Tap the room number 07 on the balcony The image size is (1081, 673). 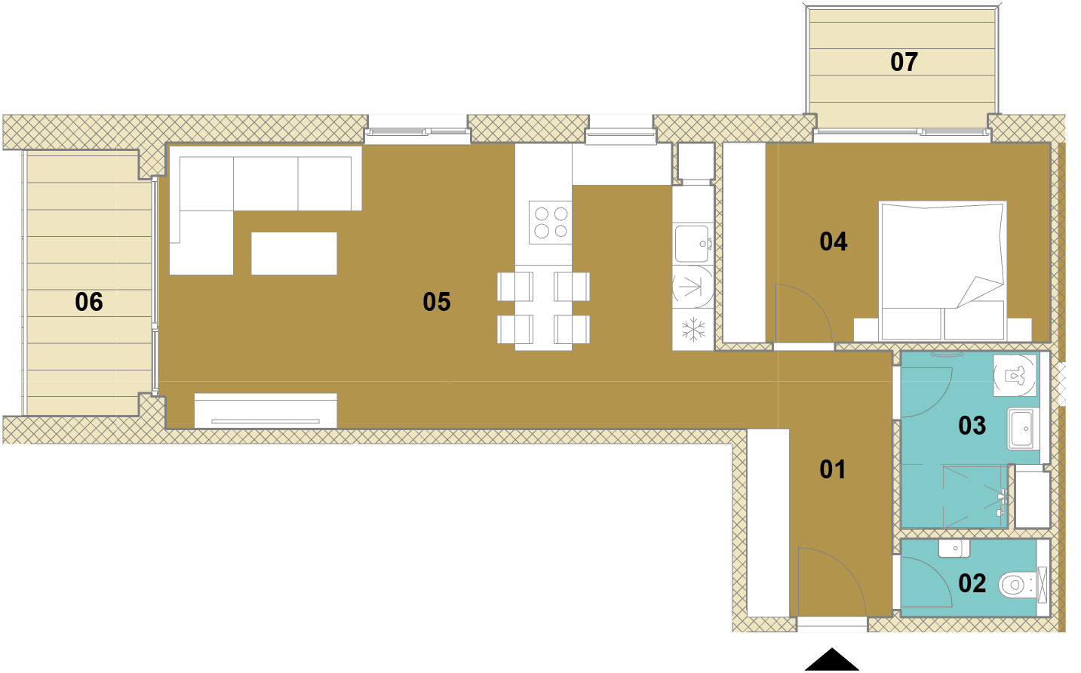pos(904,63)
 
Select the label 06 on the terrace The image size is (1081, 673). pos(89,302)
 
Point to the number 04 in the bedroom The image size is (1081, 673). pos(834,241)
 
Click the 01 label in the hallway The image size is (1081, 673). pos(833,469)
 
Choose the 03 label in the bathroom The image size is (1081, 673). pos(972,426)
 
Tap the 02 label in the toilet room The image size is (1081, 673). pos(972,583)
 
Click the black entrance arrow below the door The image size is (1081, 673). pos(831,659)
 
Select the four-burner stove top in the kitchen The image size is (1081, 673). pos(551,223)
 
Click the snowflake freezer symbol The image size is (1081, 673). pos(693,329)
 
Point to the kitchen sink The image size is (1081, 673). pos(693,244)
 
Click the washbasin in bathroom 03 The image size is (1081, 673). pos(1021,429)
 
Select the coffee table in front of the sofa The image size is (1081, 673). pos(294,254)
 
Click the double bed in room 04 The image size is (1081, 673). pos(943,271)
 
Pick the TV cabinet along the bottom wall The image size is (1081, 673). pos(266,411)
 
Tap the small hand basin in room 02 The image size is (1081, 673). pos(954,549)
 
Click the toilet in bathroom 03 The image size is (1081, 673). pos(1015,376)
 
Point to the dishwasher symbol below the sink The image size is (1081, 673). pos(693,287)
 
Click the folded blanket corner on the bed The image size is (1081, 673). pos(980,291)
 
